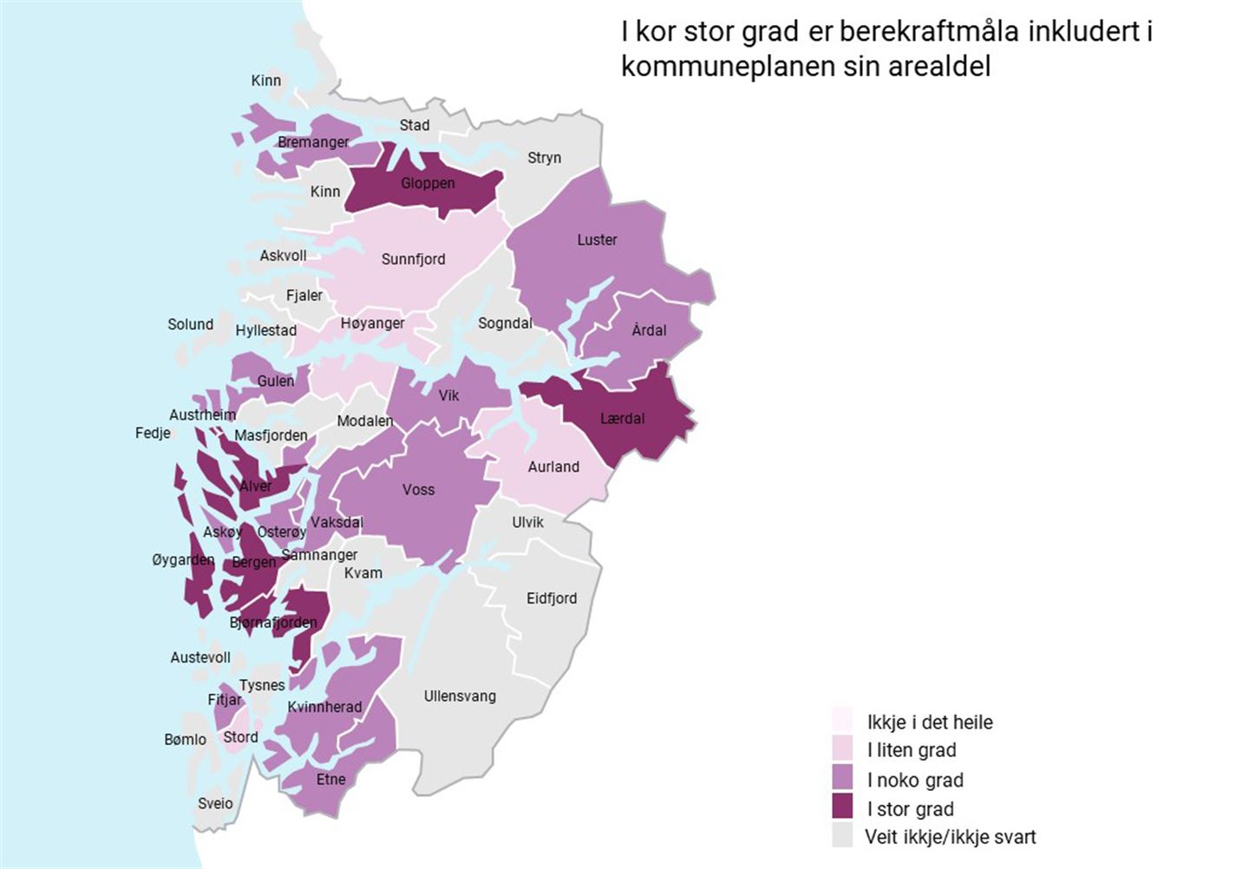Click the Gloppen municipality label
tap(428, 183)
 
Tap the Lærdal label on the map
tap(622, 418)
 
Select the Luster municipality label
tap(597, 239)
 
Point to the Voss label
tap(418, 489)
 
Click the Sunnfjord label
tap(413, 258)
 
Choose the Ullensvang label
tap(460, 696)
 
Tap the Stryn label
tap(544, 157)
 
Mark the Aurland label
tap(553, 467)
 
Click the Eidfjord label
tap(551, 598)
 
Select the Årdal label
tap(649, 330)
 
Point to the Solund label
tap(190, 323)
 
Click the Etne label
tap(330, 779)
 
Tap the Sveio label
tap(215, 803)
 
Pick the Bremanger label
tap(313, 141)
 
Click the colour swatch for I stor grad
tap(842, 807)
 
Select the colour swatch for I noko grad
tap(842, 779)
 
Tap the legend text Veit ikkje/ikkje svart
tap(950, 837)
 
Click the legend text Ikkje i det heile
tap(929, 722)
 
